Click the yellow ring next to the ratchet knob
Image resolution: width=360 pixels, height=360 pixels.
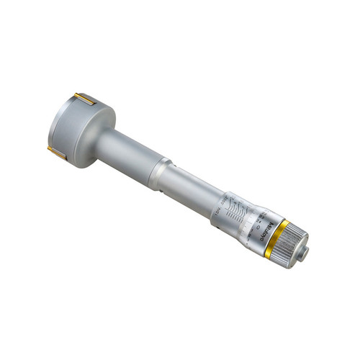tap(278, 238)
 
